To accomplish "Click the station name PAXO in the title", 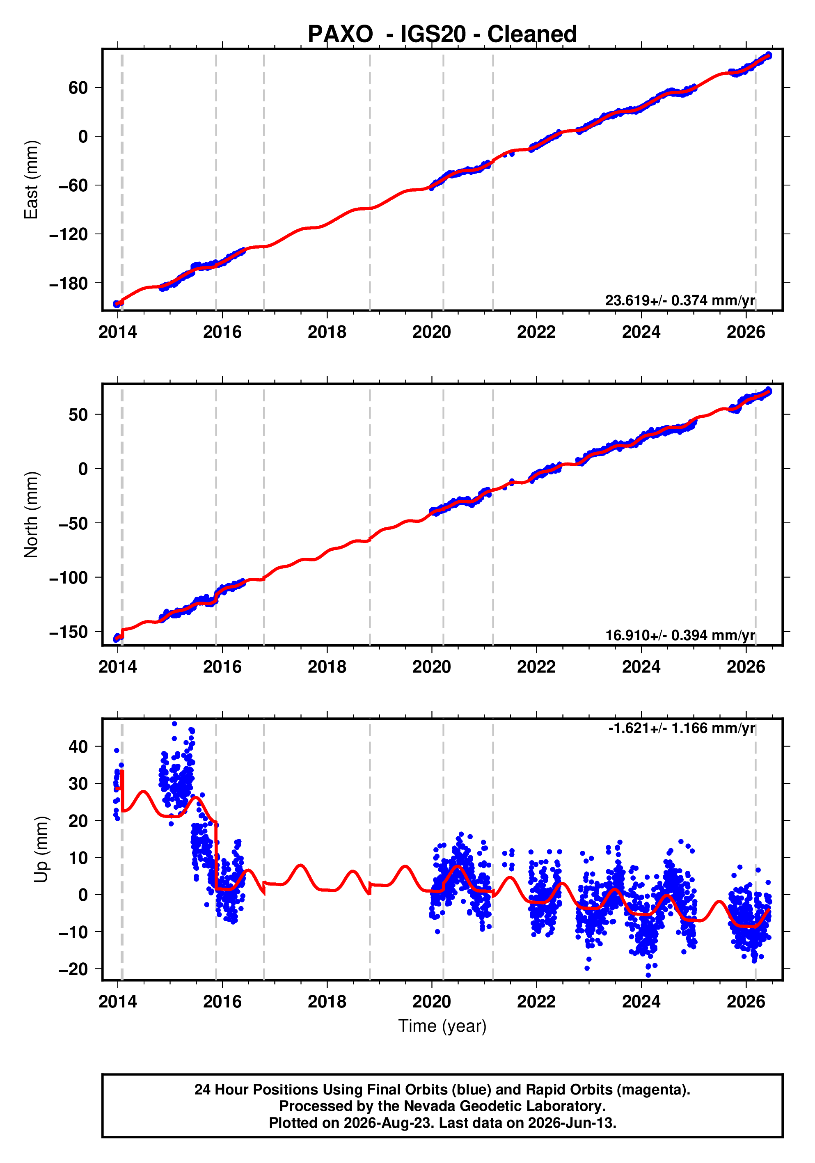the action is click(x=340, y=34).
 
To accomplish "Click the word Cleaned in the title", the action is click(x=532, y=34).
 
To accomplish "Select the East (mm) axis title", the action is click(x=32, y=180).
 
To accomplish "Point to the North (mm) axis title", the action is click(x=32, y=515).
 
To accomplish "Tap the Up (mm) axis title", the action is click(x=41, y=849).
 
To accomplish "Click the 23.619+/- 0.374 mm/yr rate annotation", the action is click(x=680, y=300).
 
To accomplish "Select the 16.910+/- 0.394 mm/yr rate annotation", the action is click(x=680, y=635).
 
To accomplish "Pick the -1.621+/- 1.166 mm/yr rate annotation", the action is click(x=682, y=728).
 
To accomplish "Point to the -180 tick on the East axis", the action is click(x=69, y=284).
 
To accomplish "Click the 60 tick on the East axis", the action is click(x=78, y=88).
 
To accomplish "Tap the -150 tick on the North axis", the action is click(x=69, y=632).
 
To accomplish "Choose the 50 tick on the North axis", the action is click(x=78, y=415).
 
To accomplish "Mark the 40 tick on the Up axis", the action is click(x=78, y=746).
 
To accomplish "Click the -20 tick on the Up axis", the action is click(x=73, y=969).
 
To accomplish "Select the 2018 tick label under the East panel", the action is click(x=327, y=332).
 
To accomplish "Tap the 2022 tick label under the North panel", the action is click(x=536, y=667).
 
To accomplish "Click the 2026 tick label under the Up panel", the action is click(x=746, y=1002).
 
